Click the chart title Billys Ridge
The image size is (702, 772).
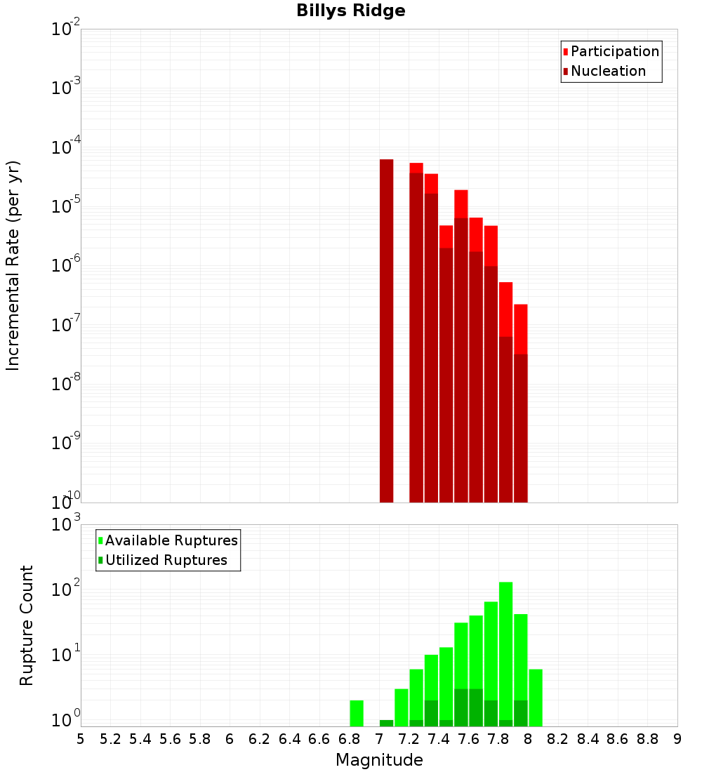coord(351,11)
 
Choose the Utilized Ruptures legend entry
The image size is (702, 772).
coord(166,560)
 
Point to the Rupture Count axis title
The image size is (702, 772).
coord(27,625)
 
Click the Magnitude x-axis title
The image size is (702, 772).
coord(379,760)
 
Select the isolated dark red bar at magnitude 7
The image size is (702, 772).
coord(386,330)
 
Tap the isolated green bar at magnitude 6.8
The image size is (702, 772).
coord(357,713)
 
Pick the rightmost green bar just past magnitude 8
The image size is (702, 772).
coord(536,698)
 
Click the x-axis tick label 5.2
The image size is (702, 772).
coord(111,739)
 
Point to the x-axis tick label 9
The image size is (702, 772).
coord(677,739)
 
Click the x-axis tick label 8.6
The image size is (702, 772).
coord(618,739)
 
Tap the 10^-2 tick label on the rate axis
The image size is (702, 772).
coord(66,29)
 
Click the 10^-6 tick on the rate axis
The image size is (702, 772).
coord(66,266)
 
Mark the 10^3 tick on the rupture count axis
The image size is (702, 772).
coord(66,525)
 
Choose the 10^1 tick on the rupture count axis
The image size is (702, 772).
coord(66,655)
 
